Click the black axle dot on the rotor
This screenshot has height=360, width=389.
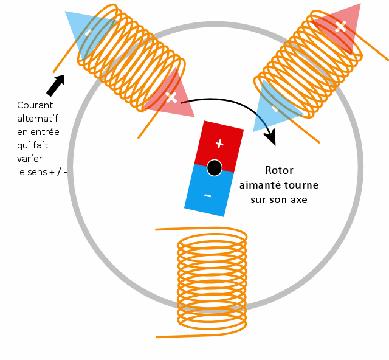pos(215,168)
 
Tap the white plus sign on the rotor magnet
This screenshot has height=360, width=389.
pos(219,144)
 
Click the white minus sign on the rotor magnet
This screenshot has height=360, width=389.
pos(208,196)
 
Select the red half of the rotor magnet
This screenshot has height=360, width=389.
pos(219,147)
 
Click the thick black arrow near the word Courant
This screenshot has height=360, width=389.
pos(55,85)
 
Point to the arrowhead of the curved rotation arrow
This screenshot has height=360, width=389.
pos(270,137)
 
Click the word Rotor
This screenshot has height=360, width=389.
pos(279,170)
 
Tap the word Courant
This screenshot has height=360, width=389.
pos(35,105)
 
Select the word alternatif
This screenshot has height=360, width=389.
pos(38,119)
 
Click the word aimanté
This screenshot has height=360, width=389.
pos(260,185)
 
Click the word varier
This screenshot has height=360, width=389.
pos(30,158)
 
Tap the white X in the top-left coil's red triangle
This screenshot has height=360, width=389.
pos(171,97)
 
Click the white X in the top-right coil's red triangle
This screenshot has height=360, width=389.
pos(340,27)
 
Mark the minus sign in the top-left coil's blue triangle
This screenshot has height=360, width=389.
pos(88,32)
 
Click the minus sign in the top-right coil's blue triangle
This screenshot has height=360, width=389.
pos(275,108)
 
